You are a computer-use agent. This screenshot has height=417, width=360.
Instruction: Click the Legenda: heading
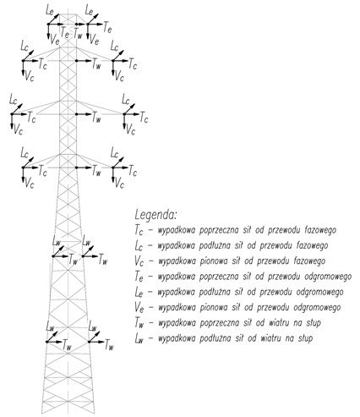pyautogui.click(x=155, y=215)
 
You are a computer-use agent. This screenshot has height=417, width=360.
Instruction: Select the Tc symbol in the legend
pyautogui.click(x=139, y=230)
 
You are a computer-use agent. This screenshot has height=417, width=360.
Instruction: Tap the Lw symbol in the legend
pyautogui.click(x=139, y=338)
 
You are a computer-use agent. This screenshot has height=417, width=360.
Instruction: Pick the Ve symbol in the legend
pyautogui.click(x=139, y=307)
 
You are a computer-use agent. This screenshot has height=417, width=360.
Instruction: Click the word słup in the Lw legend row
pyautogui.click(x=305, y=338)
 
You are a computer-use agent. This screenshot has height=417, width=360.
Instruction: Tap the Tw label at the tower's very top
pyautogui.click(x=78, y=35)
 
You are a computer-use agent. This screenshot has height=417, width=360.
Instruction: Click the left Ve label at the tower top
pyautogui.click(x=55, y=41)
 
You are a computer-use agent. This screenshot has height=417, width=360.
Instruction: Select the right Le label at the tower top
pyautogui.click(x=89, y=11)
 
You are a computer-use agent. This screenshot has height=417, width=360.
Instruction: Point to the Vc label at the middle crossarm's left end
pyautogui.click(x=18, y=129)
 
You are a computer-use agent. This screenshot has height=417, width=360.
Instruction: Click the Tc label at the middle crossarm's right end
pyautogui.click(x=144, y=118)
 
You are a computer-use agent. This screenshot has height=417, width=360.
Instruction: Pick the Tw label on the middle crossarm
pyautogui.click(x=96, y=118)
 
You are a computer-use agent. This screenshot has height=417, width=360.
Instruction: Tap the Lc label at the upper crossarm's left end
pyautogui.click(x=25, y=47)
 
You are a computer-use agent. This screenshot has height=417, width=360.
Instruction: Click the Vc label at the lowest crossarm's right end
pyautogui.click(x=119, y=184)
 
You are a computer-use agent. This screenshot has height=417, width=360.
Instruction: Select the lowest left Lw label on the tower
pyautogui.click(x=50, y=327)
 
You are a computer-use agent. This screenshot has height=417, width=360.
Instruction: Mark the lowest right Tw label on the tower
pyautogui.click(x=109, y=345)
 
